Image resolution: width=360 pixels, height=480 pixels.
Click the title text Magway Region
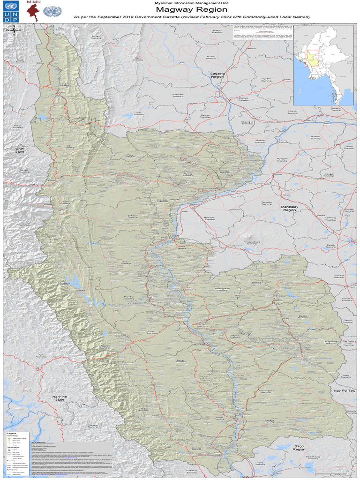(191, 9)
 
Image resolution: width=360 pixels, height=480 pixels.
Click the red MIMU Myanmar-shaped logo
(34, 13)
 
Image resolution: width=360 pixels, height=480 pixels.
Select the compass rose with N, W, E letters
(14, 30)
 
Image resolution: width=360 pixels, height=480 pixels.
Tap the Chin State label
(20, 150)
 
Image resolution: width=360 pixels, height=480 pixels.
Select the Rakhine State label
(60, 398)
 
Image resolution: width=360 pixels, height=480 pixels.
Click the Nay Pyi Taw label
(342, 390)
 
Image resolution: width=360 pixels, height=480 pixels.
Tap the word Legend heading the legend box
(12, 433)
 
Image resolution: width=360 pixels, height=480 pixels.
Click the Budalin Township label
(211, 58)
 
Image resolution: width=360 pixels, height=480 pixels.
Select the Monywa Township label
(243, 99)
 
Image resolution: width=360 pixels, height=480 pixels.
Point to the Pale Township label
(139, 113)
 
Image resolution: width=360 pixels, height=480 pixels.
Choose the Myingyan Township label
(282, 160)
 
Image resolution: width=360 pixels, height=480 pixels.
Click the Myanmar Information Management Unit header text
(191, 3)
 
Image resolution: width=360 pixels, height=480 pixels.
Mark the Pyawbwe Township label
(339, 277)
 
